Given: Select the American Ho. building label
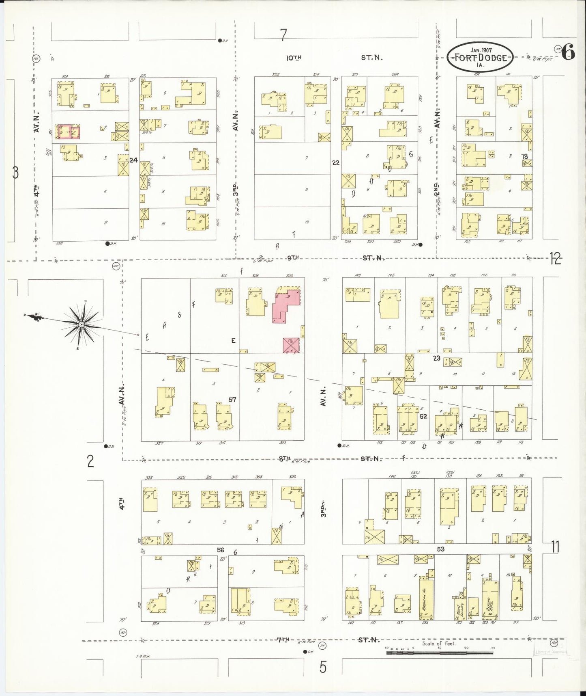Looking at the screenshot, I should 425,597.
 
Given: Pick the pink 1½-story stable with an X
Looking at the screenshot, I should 291,345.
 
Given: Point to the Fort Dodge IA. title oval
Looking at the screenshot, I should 481,57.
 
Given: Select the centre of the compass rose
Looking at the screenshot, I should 82,325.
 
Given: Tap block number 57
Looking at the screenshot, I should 232,400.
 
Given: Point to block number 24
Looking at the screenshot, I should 133,160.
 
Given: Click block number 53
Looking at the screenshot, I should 440,549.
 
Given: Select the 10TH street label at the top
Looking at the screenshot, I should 294,58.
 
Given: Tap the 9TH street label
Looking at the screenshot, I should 293,257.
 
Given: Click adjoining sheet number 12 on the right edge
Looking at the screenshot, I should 555,259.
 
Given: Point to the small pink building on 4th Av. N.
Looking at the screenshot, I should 68,132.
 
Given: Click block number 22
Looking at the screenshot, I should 335,162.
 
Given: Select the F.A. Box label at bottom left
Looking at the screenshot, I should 144,656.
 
